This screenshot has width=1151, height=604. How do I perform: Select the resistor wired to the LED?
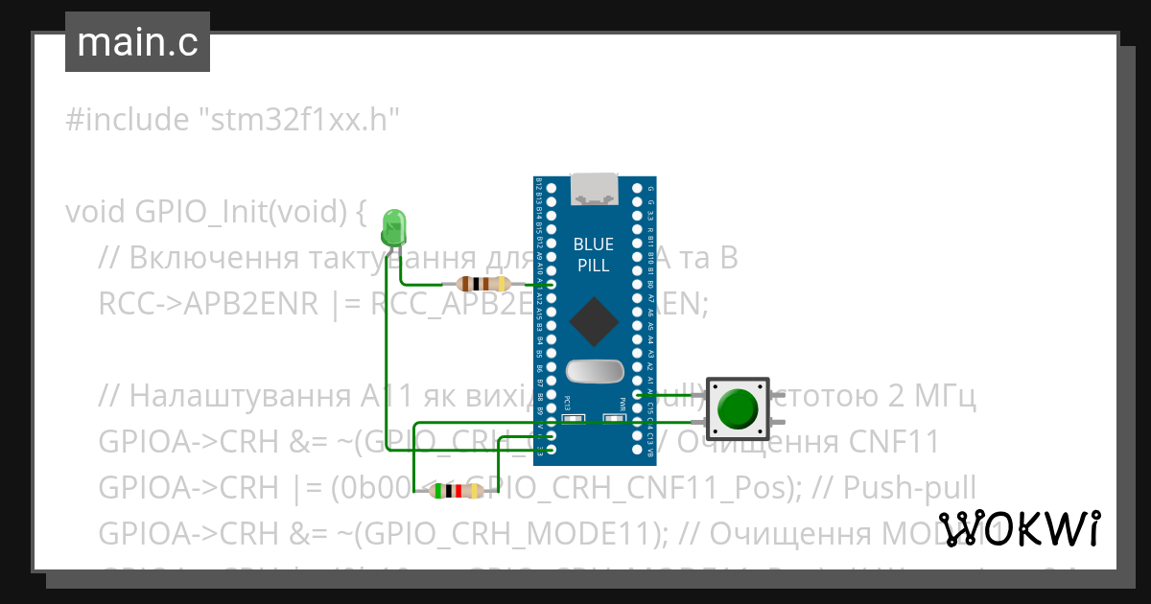coord(482,284)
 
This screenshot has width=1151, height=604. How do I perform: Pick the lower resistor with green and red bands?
coord(457,492)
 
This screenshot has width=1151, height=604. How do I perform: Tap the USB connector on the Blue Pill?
coord(594,189)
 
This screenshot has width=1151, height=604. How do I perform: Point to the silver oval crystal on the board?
coord(594,370)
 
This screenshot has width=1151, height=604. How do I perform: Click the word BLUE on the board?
coord(594,244)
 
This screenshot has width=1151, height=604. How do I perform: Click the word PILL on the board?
coord(594,266)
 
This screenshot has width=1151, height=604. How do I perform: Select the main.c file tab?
coord(137,43)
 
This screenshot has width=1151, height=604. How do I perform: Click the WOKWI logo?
coord(1019,528)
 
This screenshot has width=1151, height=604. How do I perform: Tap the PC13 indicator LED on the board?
coord(573,419)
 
